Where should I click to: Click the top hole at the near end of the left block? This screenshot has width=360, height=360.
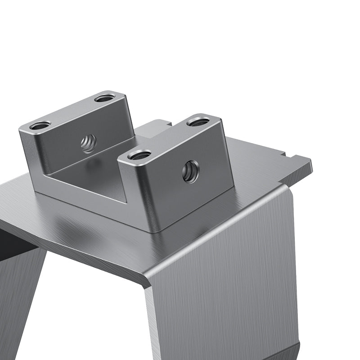(x=40, y=126)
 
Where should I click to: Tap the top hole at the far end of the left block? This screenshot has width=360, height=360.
(x=105, y=97)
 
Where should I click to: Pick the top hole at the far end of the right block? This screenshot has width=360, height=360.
(x=198, y=121)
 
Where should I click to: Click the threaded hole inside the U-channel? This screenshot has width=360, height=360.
(x=89, y=143)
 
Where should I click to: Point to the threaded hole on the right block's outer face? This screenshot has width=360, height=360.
(x=190, y=171)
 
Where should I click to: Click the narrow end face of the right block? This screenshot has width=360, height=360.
(x=130, y=189)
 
